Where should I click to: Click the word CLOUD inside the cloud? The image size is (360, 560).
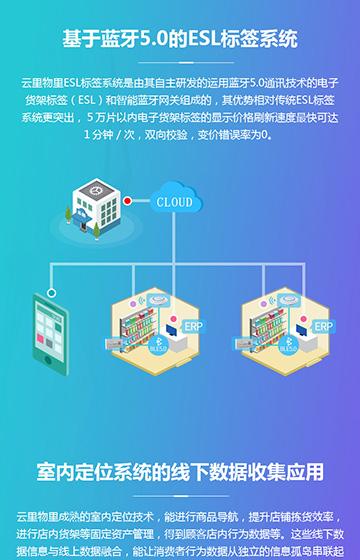coord(175,202)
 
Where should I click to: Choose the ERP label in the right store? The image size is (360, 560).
coord(322,326)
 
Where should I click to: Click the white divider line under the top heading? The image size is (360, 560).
coord(180,61)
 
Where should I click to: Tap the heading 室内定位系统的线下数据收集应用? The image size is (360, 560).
coord(180,471)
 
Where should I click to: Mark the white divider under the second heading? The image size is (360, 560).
coord(180,495)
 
